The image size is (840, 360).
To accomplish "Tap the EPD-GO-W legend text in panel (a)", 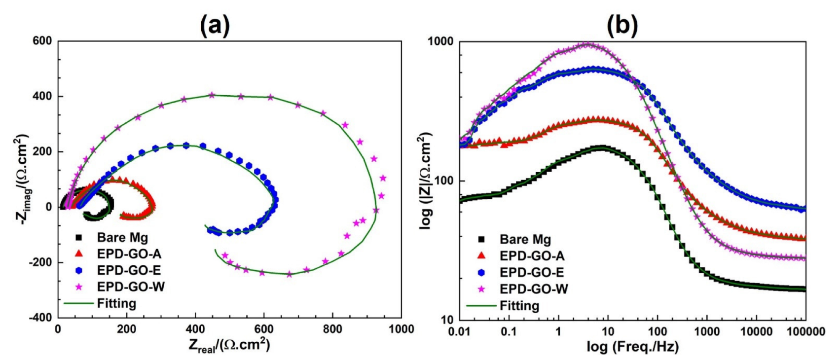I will tap(131, 287).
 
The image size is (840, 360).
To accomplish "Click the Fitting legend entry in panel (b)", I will tap(519, 306).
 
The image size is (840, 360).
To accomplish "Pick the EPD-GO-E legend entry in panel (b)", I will tap(531, 273).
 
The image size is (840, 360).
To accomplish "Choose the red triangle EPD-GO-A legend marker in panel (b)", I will tap(481, 255).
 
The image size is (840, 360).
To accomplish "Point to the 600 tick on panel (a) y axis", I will tap(42, 41).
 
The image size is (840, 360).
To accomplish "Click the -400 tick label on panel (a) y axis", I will tap(40, 318).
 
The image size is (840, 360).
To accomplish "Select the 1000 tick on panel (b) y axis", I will tap(440, 41).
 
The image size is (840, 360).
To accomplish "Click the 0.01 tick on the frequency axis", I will tap(459, 331).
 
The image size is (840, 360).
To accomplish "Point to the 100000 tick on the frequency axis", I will tap(805, 331).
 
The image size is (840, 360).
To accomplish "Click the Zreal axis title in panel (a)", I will tap(229, 345).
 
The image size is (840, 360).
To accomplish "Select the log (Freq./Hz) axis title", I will tap(632, 347).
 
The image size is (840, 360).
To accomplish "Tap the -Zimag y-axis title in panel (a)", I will tap(23, 180).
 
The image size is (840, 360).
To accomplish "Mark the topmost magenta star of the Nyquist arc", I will tap(212, 95).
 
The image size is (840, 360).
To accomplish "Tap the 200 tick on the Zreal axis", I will tap(126, 329).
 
